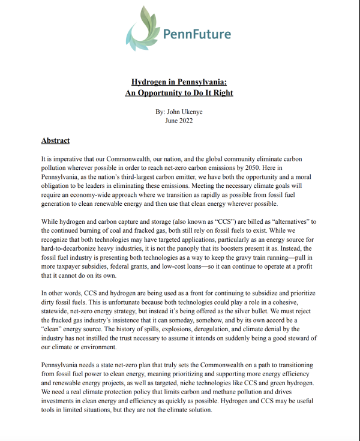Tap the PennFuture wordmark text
coord(197,34)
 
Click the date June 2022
coord(180,120)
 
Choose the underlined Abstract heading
coord(55,141)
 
